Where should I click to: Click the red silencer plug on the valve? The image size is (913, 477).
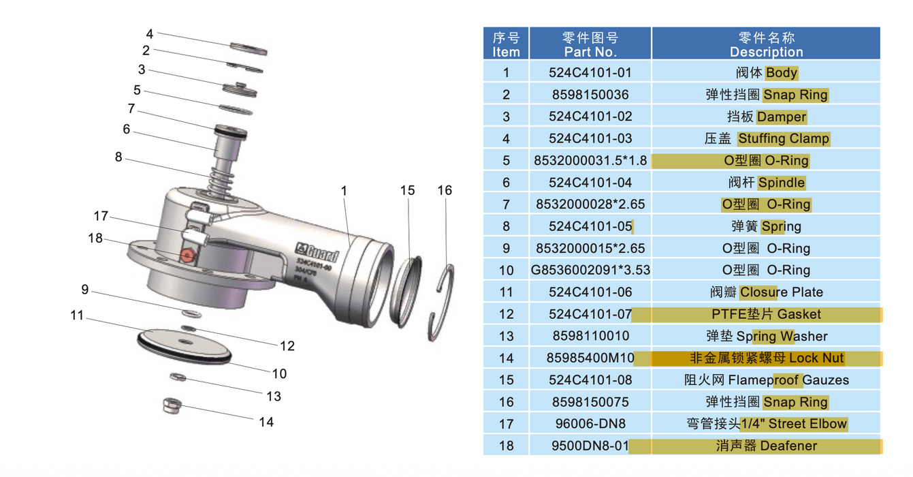(x=187, y=256)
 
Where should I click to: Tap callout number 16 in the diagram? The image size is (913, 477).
(x=445, y=190)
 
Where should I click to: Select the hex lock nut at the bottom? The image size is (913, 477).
(x=172, y=405)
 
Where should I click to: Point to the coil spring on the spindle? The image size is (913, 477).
(x=221, y=182)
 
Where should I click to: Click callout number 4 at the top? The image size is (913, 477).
(x=150, y=34)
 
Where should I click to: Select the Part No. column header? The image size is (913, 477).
(x=590, y=44)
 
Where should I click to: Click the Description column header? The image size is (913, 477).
(x=766, y=44)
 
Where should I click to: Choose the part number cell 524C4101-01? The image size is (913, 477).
(x=590, y=73)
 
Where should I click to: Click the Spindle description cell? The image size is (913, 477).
(x=766, y=183)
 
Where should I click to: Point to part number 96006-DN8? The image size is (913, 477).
(x=590, y=424)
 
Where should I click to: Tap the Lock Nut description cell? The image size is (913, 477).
(x=766, y=358)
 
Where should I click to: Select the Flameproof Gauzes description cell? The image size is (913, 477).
(x=766, y=380)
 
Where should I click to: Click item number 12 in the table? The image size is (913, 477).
(x=507, y=314)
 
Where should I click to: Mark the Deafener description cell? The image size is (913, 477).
(x=766, y=446)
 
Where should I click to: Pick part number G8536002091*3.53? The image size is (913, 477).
(x=590, y=270)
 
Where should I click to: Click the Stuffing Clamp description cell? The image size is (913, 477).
(x=766, y=138)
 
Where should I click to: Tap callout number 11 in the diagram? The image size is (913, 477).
(x=77, y=316)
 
